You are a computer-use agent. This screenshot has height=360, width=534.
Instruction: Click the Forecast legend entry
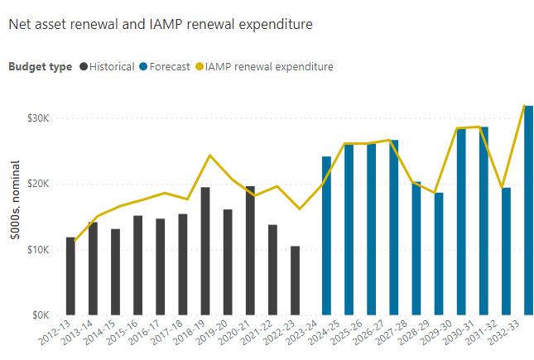tap(169, 66)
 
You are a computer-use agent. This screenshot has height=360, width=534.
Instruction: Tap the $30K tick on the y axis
tap(39, 118)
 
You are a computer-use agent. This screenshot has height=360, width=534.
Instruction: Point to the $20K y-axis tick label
tap(39, 184)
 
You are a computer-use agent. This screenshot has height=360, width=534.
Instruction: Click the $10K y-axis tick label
tap(39, 249)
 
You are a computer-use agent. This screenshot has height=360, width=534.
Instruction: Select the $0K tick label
tap(41, 315)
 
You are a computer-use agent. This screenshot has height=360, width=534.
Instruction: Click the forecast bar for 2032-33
tap(528, 210)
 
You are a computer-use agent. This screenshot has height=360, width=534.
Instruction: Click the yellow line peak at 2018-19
tap(209, 156)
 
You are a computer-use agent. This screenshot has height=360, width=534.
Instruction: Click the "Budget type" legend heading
tap(40, 66)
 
